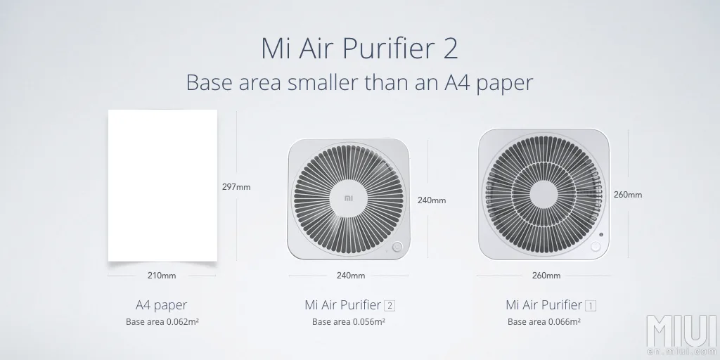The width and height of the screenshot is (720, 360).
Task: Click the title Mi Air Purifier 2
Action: (x=359, y=49)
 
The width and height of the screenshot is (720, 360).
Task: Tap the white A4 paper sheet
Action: (x=162, y=186)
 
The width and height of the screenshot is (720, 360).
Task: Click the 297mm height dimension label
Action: (x=236, y=187)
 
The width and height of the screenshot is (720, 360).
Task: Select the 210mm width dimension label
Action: (x=162, y=276)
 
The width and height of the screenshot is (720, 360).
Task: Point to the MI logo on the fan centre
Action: (x=349, y=198)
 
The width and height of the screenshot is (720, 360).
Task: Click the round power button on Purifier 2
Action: (x=397, y=247)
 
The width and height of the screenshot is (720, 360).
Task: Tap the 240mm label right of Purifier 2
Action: (x=432, y=200)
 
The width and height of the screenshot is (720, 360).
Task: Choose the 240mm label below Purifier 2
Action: (x=351, y=276)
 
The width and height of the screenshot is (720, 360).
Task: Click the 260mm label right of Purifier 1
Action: (x=628, y=195)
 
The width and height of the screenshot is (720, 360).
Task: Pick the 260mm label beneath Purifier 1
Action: (x=546, y=276)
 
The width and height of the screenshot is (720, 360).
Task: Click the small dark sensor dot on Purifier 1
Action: (x=601, y=235)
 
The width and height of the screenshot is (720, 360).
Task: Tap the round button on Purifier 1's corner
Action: (x=596, y=247)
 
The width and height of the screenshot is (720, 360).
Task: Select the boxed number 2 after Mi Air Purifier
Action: (x=390, y=305)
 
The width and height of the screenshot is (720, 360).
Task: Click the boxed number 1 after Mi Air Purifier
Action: (x=591, y=305)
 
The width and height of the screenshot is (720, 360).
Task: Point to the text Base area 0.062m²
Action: (x=162, y=321)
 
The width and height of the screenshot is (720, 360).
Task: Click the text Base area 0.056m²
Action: (x=349, y=321)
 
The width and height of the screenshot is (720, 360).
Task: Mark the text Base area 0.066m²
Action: (x=544, y=321)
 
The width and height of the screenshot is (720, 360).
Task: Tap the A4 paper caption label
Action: (x=162, y=305)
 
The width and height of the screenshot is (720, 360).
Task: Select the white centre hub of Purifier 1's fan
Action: (x=544, y=194)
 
